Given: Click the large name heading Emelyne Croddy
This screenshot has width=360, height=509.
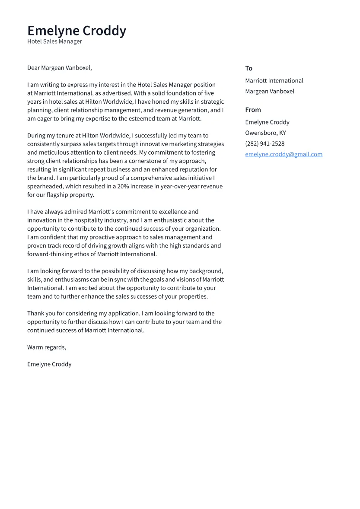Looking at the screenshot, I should coord(76,31).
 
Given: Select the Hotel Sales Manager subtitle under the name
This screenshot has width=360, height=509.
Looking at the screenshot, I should coord(54,41).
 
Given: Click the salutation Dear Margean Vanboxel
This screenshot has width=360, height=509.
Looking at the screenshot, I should coord(59,68).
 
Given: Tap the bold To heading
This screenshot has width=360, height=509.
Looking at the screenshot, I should coord(248,68).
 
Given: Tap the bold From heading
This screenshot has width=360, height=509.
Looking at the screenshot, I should coord(253,110).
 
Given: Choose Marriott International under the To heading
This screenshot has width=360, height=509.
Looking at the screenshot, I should coord(274,81).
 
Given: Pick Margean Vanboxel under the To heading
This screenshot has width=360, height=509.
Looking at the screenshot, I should coord(269,92).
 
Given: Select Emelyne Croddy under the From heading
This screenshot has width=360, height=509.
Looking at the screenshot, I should coord(267,122).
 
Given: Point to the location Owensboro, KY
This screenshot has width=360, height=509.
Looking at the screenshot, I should coord(265,133).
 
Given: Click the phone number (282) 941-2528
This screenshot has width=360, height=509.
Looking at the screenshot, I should coord(264,144).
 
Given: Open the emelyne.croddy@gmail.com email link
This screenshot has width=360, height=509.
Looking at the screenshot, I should coord(284,154).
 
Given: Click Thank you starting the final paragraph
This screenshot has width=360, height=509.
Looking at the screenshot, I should coord(38,314).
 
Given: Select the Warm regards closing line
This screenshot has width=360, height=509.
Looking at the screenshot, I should coord(47,347).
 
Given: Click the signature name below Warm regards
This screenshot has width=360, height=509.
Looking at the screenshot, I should coord(49,364).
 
